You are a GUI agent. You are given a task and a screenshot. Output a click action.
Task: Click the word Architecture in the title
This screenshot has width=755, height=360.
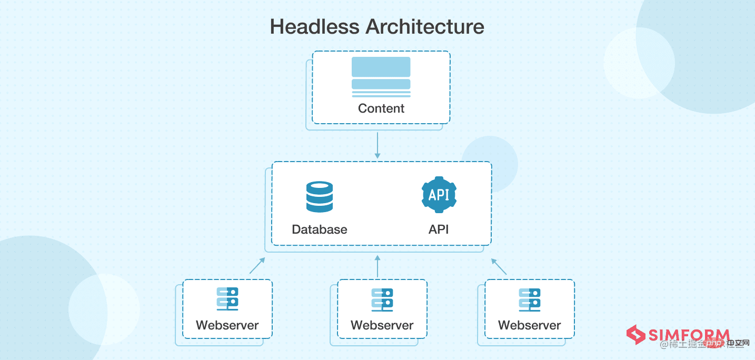click(425, 26)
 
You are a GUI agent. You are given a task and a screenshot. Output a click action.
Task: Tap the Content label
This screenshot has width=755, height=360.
click(381, 108)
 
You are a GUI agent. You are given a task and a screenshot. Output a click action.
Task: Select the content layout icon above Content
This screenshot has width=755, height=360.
click(381, 77)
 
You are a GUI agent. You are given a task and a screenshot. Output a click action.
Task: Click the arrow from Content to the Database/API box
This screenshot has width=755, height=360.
click(377, 145)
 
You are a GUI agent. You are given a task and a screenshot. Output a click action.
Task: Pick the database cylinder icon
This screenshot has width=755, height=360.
click(320, 197)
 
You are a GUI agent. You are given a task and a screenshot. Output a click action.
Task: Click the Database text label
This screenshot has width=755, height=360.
click(320, 229)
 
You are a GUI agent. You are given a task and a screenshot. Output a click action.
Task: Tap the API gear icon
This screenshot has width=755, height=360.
click(439, 195)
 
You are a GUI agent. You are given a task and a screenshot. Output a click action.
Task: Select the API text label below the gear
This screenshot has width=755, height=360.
click(439, 229)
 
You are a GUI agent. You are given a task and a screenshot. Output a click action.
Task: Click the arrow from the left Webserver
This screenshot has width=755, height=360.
click(257, 266)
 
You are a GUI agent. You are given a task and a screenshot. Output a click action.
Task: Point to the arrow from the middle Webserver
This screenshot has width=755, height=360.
click(377, 266)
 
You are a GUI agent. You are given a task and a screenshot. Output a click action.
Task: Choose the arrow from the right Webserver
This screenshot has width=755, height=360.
click(499, 266)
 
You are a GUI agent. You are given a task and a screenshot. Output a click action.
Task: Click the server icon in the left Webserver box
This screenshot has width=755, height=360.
click(227, 298)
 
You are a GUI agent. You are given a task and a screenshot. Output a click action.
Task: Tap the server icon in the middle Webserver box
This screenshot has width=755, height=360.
click(382, 298)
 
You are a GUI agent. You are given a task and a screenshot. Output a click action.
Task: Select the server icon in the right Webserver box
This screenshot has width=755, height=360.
click(530, 298)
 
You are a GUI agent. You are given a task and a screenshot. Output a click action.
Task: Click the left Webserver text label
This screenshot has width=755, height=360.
click(227, 325)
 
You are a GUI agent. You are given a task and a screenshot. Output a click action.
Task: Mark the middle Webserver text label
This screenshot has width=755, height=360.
click(382, 325)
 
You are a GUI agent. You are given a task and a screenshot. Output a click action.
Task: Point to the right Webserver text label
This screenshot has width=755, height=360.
click(530, 325)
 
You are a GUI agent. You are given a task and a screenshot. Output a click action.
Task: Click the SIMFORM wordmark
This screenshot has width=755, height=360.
click(689, 335)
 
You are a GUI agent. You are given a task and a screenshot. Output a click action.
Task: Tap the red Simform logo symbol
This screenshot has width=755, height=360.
click(636, 335)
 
